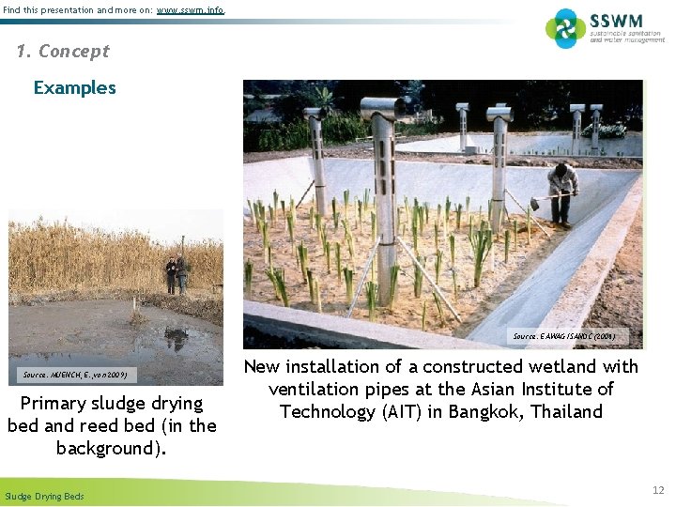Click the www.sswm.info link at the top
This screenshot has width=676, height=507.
pos(191,10)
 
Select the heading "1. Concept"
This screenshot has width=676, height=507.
pos(63,51)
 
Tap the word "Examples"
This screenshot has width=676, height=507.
pos(75,88)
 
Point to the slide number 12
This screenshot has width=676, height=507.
pos(658,490)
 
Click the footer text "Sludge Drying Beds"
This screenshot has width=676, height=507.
pos(44,496)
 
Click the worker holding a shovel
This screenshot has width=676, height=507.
pos(563,192)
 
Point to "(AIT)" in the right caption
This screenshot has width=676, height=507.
pos(377,411)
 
